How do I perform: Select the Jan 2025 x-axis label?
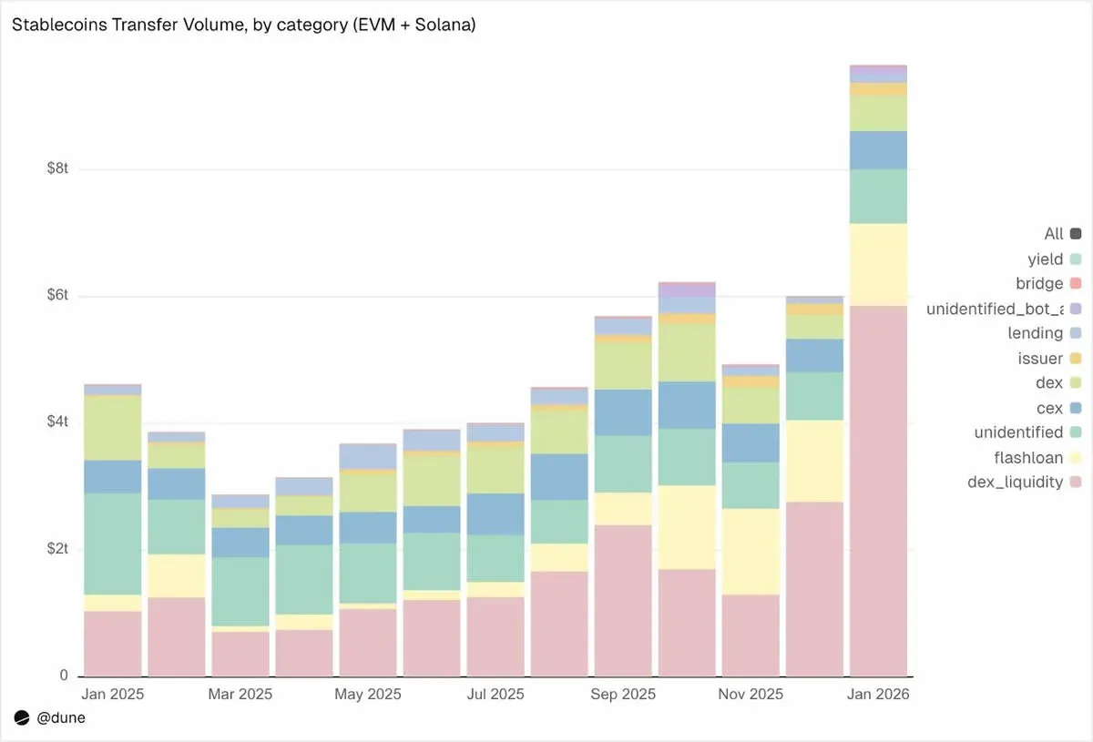click(x=113, y=694)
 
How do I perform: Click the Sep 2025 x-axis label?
click(x=623, y=694)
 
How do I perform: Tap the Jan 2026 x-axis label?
click(x=878, y=694)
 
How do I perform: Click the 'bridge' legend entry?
click(x=1039, y=284)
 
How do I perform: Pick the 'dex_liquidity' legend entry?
click(x=1015, y=482)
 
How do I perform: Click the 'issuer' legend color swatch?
click(x=1076, y=359)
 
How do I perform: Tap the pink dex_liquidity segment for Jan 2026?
click(x=878, y=492)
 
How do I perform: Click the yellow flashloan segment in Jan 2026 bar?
click(x=878, y=264)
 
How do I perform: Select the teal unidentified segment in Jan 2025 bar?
click(x=113, y=544)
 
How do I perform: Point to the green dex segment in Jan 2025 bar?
click(x=113, y=428)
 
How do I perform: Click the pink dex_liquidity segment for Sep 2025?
click(x=623, y=601)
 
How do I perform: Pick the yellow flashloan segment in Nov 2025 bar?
click(x=751, y=551)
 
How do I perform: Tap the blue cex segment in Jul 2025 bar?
click(x=495, y=514)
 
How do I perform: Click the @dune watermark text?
click(x=61, y=718)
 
